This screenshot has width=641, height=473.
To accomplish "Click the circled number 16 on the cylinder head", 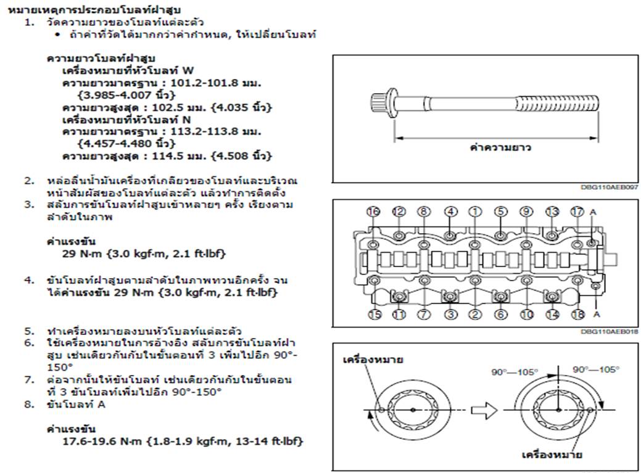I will [x=373, y=211].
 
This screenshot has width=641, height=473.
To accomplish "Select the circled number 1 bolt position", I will [x=475, y=211].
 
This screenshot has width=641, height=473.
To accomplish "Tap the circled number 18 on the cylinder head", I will [x=577, y=315].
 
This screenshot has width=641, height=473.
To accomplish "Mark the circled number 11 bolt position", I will [x=399, y=315].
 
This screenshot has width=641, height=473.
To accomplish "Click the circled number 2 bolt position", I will [x=475, y=315].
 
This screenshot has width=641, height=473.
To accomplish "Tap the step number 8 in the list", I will [x=28, y=405].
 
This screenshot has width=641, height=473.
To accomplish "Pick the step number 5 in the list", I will [x=28, y=331].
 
